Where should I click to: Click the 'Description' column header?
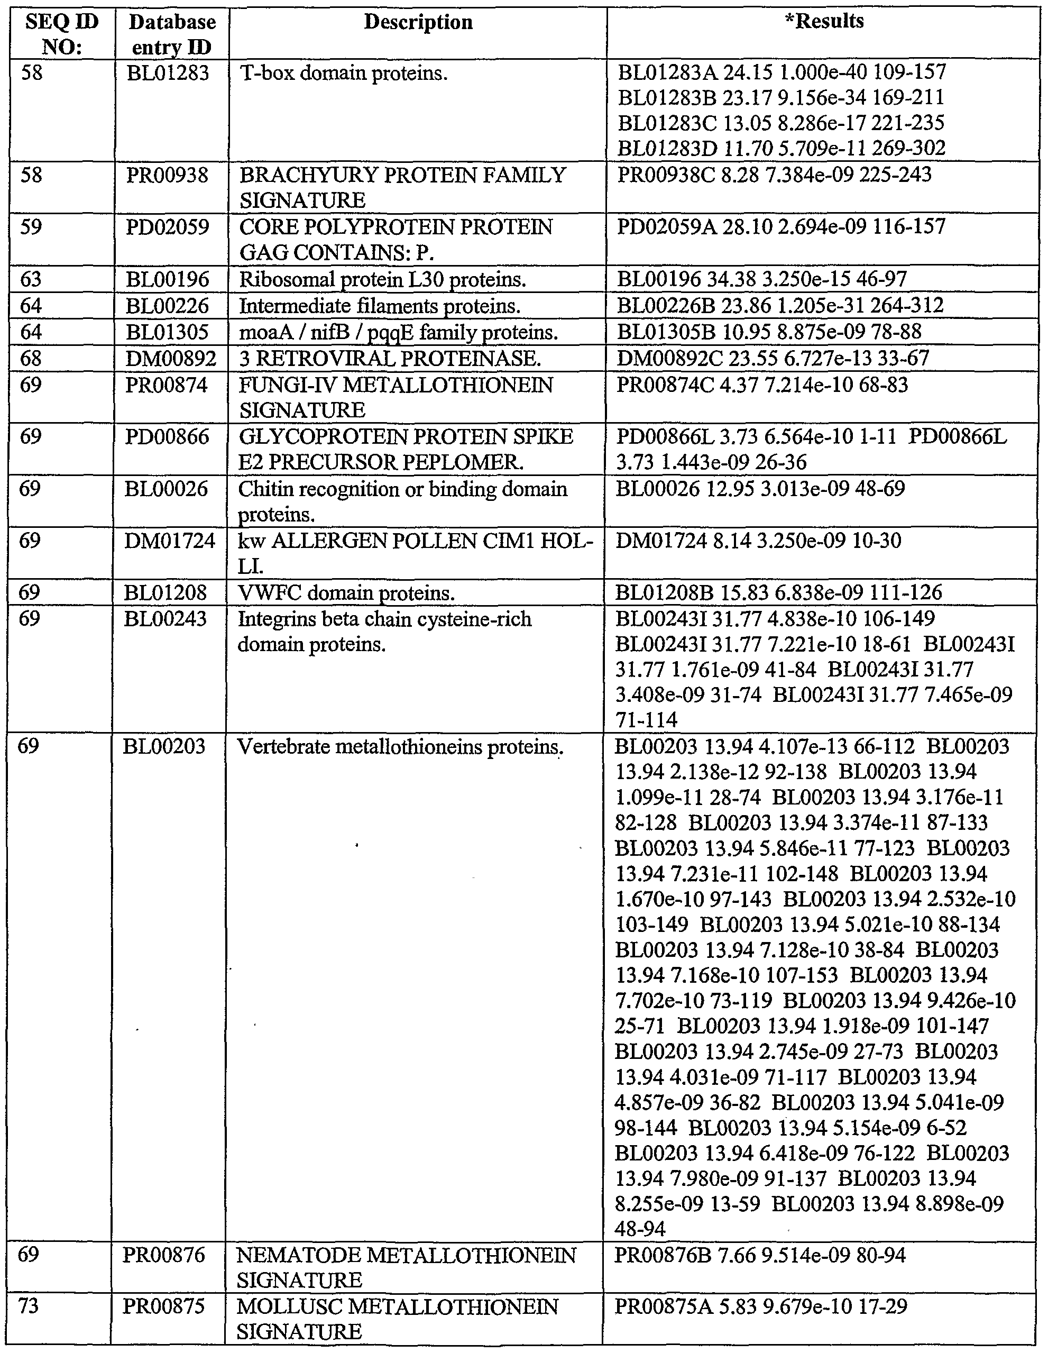click(x=418, y=22)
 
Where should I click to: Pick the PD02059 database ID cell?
click(x=168, y=227)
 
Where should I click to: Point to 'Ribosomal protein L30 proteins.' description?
click(x=382, y=280)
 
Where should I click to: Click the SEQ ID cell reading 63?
click(x=31, y=279)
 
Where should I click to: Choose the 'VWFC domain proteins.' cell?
click(x=346, y=593)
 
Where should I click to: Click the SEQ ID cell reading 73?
click(x=29, y=1307)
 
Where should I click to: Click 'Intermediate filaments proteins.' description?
click(x=379, y=306)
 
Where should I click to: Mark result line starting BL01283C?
click(x=780, y=123)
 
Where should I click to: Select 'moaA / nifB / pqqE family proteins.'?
click(x=398, y=333)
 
